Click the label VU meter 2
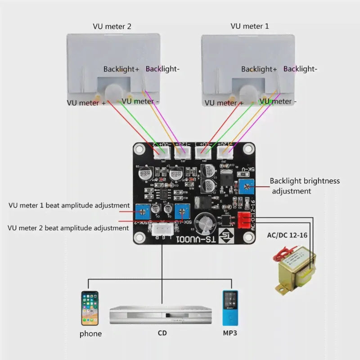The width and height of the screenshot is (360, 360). (x=112, y=27)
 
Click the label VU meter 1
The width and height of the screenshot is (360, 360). (x=250, y=26)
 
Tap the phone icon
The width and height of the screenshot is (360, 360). (x=90, y=308)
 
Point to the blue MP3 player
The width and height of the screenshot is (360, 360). (x=229, y=308)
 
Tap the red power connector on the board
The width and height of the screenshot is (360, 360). (x=244, y=219)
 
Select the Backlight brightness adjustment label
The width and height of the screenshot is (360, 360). (x=305, y=186)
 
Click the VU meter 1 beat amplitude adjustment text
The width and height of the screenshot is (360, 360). (x=69, y=205)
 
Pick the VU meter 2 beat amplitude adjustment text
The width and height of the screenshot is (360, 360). (x=68, y=228)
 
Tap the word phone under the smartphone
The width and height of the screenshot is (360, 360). (x=90, y=334)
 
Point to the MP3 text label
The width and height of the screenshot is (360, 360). (x=230, y=333)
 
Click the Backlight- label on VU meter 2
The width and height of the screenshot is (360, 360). (x=162, y=69)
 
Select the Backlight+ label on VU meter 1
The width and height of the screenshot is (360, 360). (x=259, y=69)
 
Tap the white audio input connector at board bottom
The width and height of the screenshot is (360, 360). (x=161, y=231)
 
